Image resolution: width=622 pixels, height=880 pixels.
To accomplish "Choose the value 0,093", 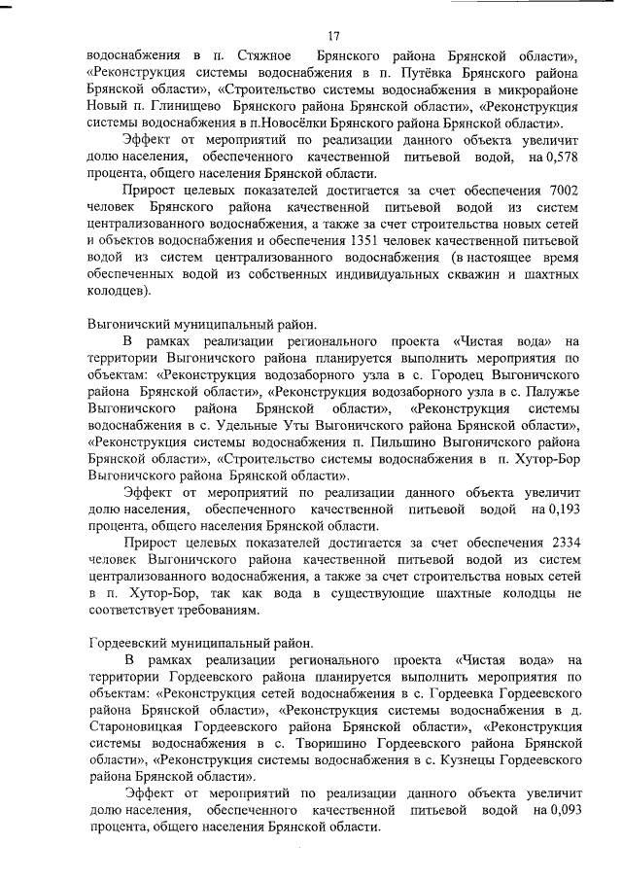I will pos(564,812).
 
